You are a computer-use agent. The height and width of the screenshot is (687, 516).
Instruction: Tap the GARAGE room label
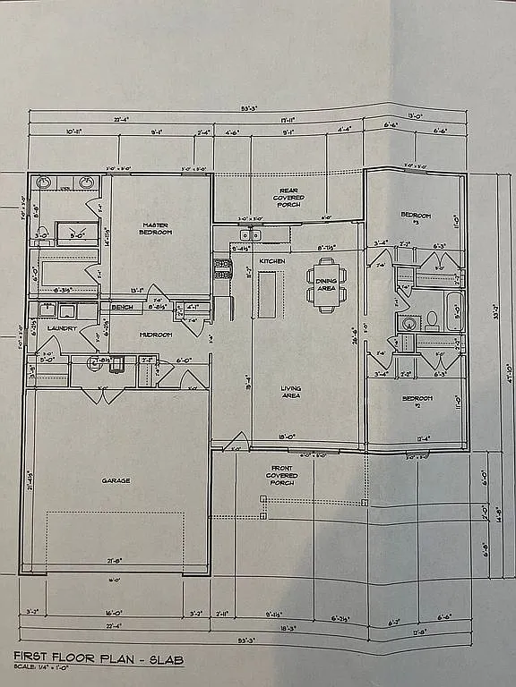[x=116, y=480]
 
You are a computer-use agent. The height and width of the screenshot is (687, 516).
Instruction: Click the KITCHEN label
[x=272, y=260]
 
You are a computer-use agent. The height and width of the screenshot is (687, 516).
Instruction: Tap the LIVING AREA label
[x=290, y=391]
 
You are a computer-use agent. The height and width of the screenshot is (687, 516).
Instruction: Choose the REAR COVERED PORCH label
[x=288, y=198]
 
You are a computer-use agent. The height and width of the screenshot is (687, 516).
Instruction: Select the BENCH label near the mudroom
[x=122, y=307]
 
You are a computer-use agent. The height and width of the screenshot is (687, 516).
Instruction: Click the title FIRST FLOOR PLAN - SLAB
[x=99, y=659]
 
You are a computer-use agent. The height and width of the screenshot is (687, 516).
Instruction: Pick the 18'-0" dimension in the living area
[x=288, y=437]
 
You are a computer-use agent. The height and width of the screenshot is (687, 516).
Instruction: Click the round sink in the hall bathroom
[x=408, y=323]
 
